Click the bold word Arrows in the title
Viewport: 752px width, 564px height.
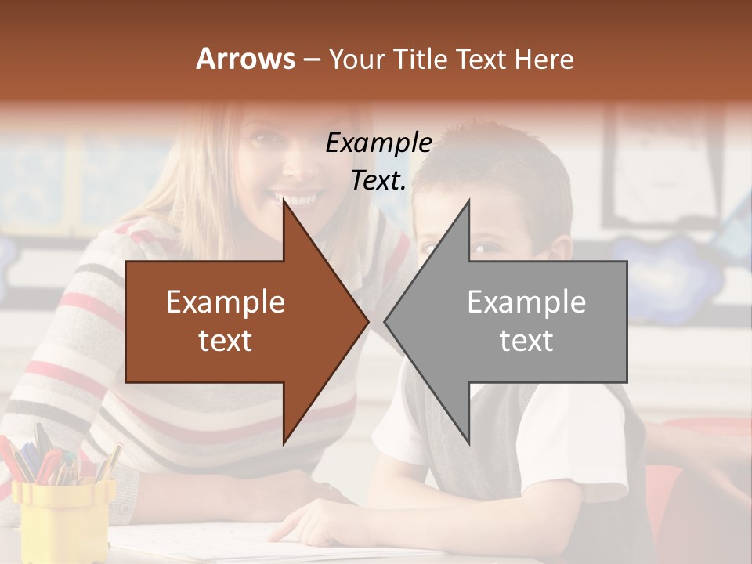click(246, 59)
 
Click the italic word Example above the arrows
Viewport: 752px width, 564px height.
click(378, 143)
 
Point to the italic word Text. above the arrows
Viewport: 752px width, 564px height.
click(378, 181)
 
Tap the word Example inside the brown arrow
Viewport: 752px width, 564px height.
click(226, 302)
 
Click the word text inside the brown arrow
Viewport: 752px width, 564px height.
click(226, 341)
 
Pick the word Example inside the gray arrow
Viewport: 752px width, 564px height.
click(526, 302)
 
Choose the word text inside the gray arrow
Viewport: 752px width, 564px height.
click(526, 341)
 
